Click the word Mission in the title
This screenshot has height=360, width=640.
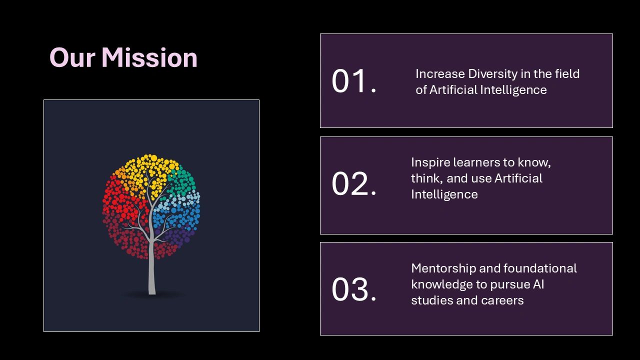pyautogui.click(x=149, y=57)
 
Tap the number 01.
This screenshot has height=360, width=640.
pyautogui.click(x=353, y=81)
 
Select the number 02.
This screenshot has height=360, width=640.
pyautogui.click(x=353, y=184)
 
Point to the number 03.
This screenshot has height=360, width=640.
pyautogui.click(x=353, y=289)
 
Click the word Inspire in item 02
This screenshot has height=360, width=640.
pyautogui.click(x=429, y=162)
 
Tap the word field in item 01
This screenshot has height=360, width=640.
pyautogui.click(x=567, y=74)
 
